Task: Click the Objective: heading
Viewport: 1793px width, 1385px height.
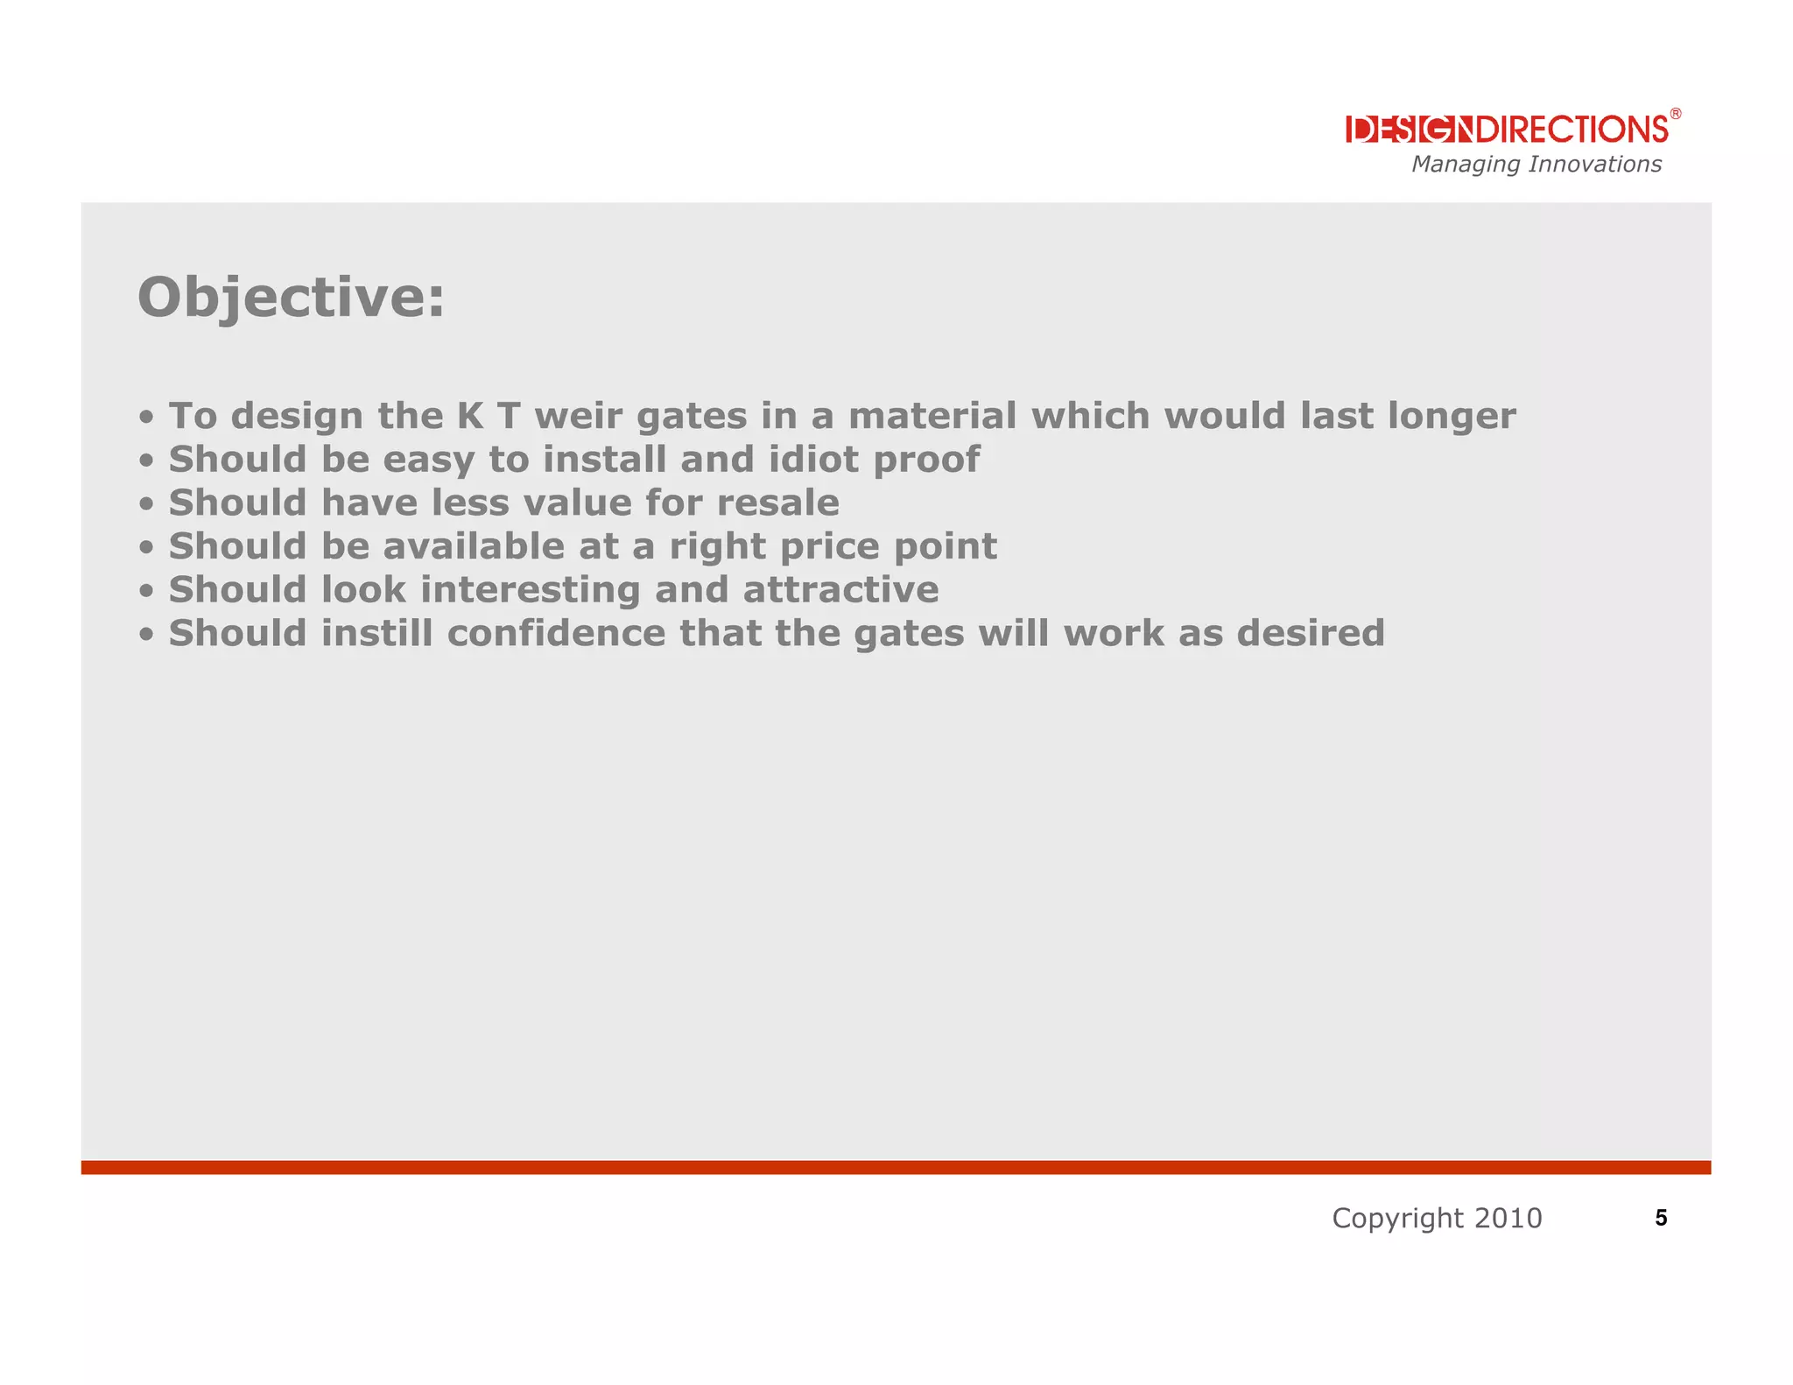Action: (x=292, y=298)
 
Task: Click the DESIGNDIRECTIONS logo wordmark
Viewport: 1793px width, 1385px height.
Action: (x=1507, y=130)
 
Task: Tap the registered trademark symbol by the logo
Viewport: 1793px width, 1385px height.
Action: (x=1675, y=114)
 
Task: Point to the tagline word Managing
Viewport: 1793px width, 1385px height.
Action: (x=1466, y=165)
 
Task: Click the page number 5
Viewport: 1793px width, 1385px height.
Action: (x=1661, y=1218)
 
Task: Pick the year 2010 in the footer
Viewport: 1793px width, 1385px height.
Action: (x=1508, y=1218)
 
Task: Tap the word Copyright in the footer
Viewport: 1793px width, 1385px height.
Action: (x=1397, y=1218)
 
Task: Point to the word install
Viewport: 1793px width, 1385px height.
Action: (x=605, y=459)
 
